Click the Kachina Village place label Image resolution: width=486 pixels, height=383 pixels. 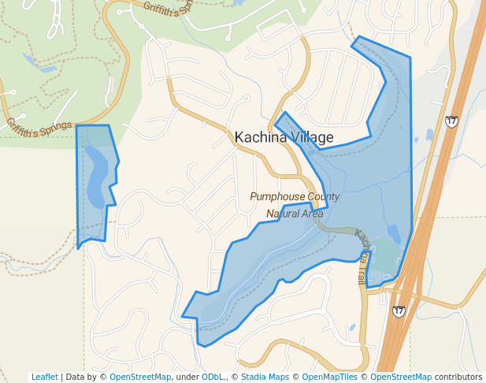point(284,137)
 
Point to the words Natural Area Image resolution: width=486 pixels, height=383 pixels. point(295,213)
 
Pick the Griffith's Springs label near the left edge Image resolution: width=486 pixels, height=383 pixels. point(39,126)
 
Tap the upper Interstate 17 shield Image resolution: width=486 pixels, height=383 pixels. point(451,121)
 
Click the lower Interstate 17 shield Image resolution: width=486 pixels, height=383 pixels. point(399,311)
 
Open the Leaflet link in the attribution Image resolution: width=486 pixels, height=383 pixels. point(45,377)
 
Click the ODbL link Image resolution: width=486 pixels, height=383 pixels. point(213,377)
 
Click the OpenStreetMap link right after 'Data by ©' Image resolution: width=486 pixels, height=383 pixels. point(140,377)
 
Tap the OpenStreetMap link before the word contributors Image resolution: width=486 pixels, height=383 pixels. point(401,377)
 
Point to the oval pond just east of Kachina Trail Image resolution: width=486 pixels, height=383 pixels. point(394,233)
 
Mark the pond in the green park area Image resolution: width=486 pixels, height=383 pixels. point(30,60)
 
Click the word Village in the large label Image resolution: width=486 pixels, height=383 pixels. point(309,137)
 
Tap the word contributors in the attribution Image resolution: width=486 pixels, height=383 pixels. point(458,377)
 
